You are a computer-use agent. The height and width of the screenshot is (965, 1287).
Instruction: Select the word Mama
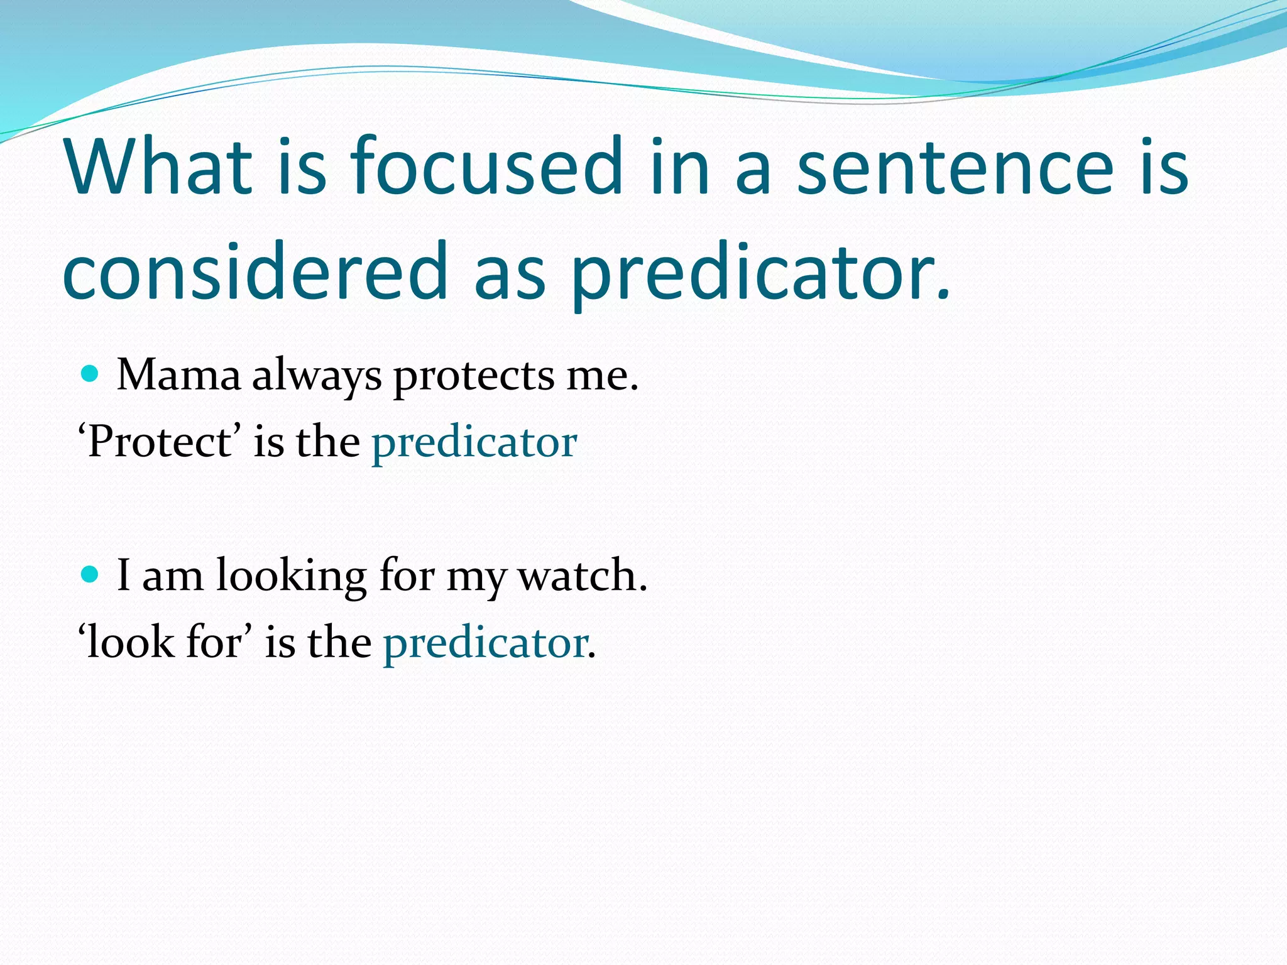178,376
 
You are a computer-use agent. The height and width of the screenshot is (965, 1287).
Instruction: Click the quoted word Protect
160,442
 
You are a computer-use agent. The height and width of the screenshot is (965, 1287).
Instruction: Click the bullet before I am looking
91,574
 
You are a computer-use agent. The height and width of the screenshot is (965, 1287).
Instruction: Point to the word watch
581,575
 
